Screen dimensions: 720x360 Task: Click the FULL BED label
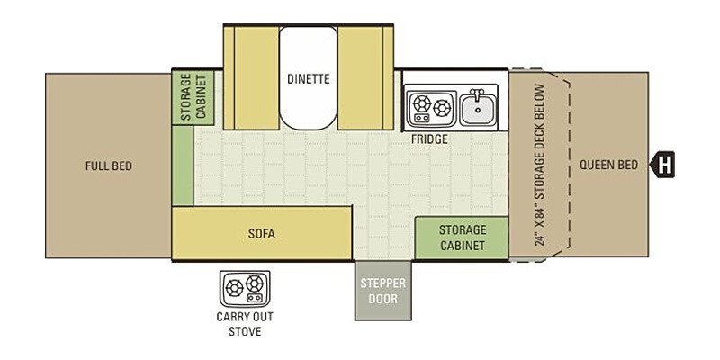(109, 166)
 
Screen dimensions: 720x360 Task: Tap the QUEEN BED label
(608, 165)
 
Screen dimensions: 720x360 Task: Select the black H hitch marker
(662, 165)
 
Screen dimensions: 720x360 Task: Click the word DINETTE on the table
(308, 78)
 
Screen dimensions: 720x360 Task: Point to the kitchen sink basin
(478, 109)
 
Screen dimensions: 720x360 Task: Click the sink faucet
(478, 94)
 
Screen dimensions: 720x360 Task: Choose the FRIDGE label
(429, 139)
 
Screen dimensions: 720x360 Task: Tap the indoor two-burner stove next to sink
(431, 108)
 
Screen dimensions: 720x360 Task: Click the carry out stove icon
(245, 289)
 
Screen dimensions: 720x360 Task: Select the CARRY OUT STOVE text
(245, 324)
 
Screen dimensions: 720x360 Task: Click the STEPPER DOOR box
(383, 291)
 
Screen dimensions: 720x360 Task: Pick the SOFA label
(262, 233)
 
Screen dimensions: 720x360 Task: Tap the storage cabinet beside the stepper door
(462, 238)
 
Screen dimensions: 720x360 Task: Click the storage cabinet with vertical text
(193, 97)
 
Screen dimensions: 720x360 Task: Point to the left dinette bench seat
(251, 77)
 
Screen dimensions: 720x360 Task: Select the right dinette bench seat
(365, 77)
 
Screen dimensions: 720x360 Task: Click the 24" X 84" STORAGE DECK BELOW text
(541, 165)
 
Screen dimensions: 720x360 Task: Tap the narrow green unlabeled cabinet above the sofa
(183, 165)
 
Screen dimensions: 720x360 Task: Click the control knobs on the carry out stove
(254, 298)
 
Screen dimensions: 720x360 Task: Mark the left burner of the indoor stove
(420, 103)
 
